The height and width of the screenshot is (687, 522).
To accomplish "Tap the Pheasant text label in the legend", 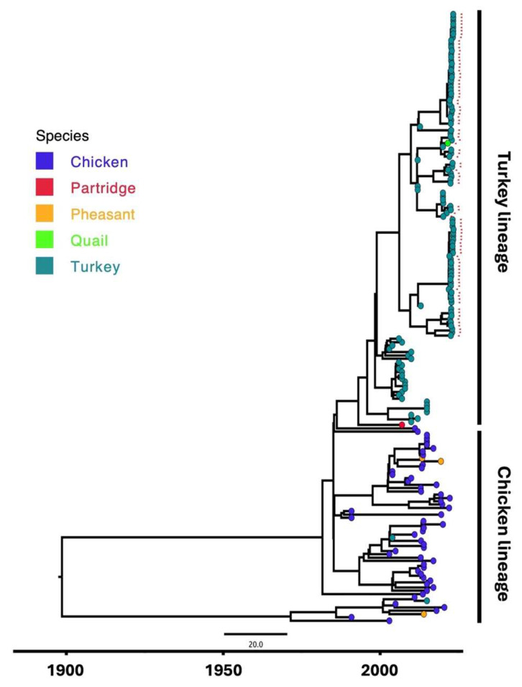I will point(103,214).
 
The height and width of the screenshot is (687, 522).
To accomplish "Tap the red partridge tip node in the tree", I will point(403,426).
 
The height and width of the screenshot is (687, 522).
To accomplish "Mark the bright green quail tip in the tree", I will point(447,144).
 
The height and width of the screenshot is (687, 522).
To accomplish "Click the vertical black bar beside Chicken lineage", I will point(479,526).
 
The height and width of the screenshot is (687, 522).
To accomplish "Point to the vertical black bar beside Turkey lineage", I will point(479,216).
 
